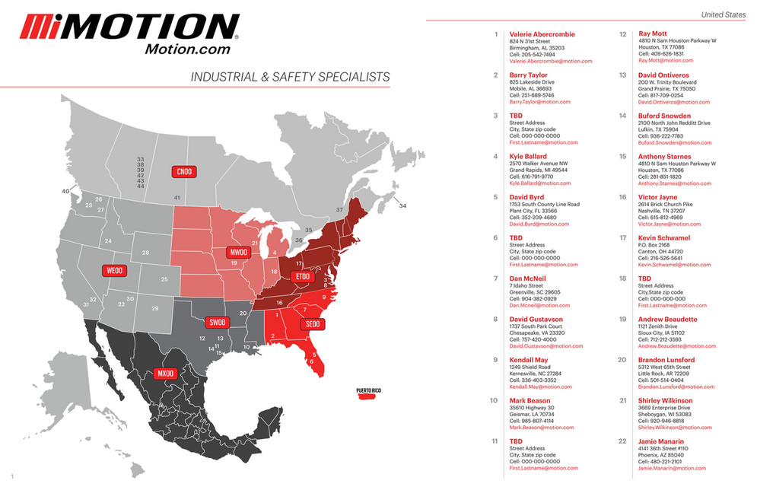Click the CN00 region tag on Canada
tap(184, 172)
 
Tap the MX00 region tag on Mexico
tap(165, 374)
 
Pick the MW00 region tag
tap(239, 252)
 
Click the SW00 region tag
tap(218, 322)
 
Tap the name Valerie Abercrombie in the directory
tap(542, 34)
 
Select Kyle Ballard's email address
tap(543, 183)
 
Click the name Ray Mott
tap(653, 34)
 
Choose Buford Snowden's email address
tap(673, 142)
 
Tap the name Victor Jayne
tap(657, 197)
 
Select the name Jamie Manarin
tap(661, 441)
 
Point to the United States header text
tap(724, 14)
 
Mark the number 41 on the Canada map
tap(177, 198)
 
